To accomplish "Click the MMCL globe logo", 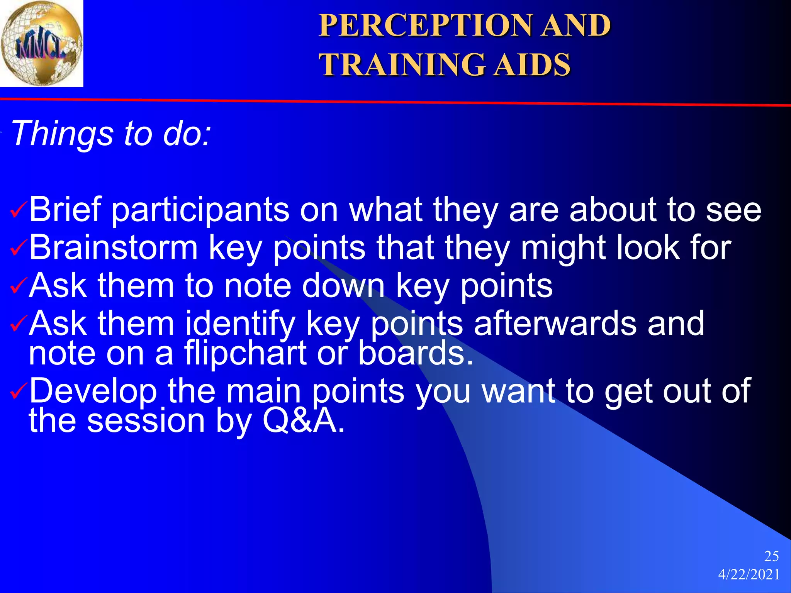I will click(41, 43).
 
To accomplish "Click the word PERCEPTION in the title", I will click(425, 25).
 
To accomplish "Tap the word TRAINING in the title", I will click(402, 64).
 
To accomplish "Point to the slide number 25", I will click(771, 556).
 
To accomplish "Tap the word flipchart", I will click(245, 353).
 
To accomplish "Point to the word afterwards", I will click(555, 324).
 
